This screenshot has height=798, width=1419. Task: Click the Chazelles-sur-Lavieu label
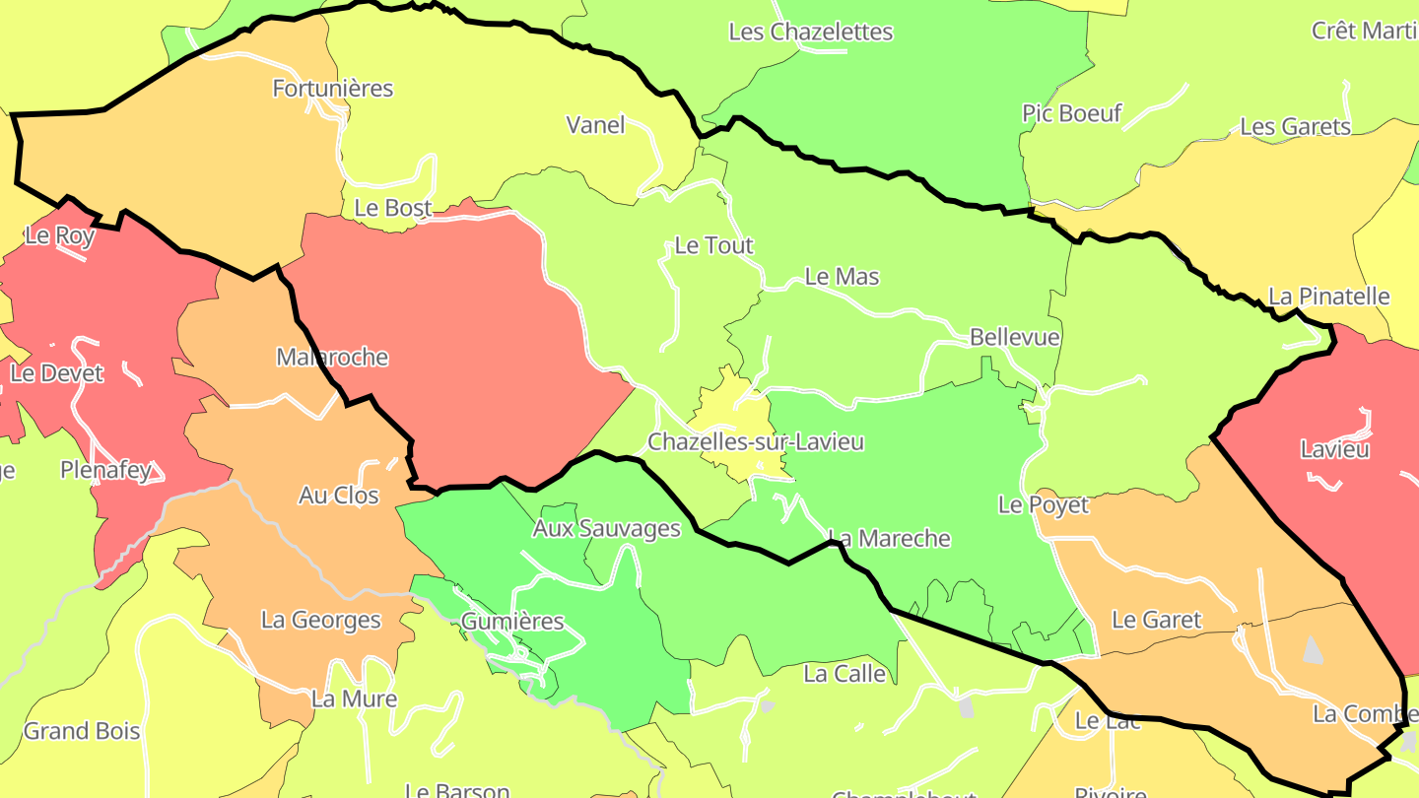[756, 441]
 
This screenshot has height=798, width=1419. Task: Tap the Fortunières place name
[333, 89]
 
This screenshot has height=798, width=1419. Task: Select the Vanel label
[595, 125]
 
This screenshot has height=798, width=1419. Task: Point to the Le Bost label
[393, 208]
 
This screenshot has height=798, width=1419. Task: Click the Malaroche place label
[332, 357]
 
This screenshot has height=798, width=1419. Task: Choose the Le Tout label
[713, 245]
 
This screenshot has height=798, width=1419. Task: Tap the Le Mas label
[842, 277]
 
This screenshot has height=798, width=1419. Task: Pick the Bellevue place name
[1014, 337]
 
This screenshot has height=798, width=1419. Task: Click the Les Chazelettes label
[810, 32]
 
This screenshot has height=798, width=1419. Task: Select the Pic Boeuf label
[1072, 113]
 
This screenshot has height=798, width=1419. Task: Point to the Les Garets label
[1295, 127]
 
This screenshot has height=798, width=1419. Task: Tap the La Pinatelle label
[1328, 297]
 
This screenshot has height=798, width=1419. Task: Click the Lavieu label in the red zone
[1334, 449]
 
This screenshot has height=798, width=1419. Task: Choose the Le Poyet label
[1044, 505]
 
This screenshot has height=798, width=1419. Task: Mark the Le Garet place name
[1156, 620]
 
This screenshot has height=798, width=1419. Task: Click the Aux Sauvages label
[606, 528]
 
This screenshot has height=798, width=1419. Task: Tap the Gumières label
[512, 622]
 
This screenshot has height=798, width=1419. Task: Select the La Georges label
[320, 620]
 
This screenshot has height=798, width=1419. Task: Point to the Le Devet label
[56, 373]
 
